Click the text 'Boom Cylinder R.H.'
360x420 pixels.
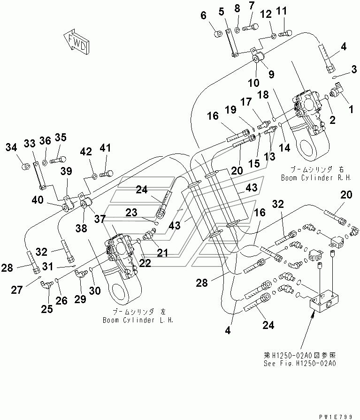[x=311, y=178]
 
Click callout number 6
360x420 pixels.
[x=204, y=15]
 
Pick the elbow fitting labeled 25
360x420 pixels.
[x=46, y=284]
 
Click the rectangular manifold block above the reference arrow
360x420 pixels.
[x=322, y=302]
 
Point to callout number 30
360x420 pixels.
[x=95, y=291]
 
